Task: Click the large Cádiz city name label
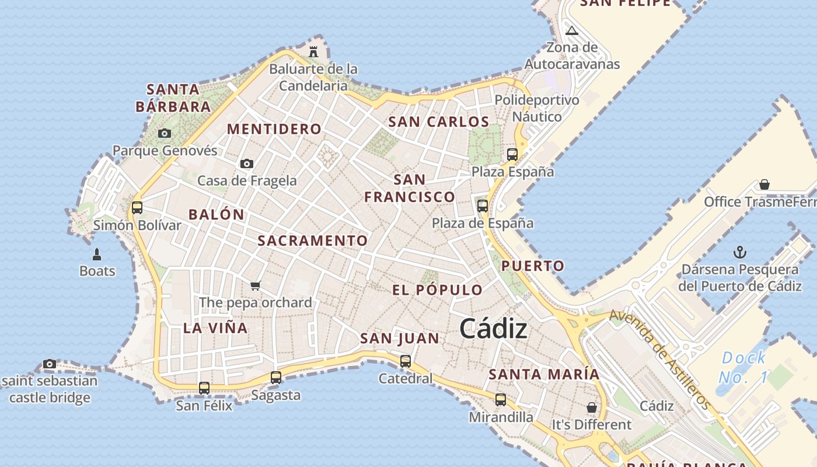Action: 493,329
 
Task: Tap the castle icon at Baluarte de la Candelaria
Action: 313,51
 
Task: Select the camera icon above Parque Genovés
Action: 165,133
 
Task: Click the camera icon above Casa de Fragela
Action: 247,163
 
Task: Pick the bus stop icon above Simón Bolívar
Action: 137,207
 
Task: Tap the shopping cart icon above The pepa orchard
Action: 255,285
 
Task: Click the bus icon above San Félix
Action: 204,388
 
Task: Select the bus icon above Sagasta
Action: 276,378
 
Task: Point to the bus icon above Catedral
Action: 406,361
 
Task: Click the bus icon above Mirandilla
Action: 501,400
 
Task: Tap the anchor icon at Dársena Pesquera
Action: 740,252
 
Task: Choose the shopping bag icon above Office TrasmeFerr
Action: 764,184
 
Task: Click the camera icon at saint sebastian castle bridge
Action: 50,364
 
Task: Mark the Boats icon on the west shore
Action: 97,255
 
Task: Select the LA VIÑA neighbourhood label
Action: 215,328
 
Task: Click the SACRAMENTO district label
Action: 313,241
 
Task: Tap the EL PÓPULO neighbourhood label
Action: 437,290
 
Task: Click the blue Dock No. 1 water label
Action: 743,367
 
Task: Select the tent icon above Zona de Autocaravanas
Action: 572,30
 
